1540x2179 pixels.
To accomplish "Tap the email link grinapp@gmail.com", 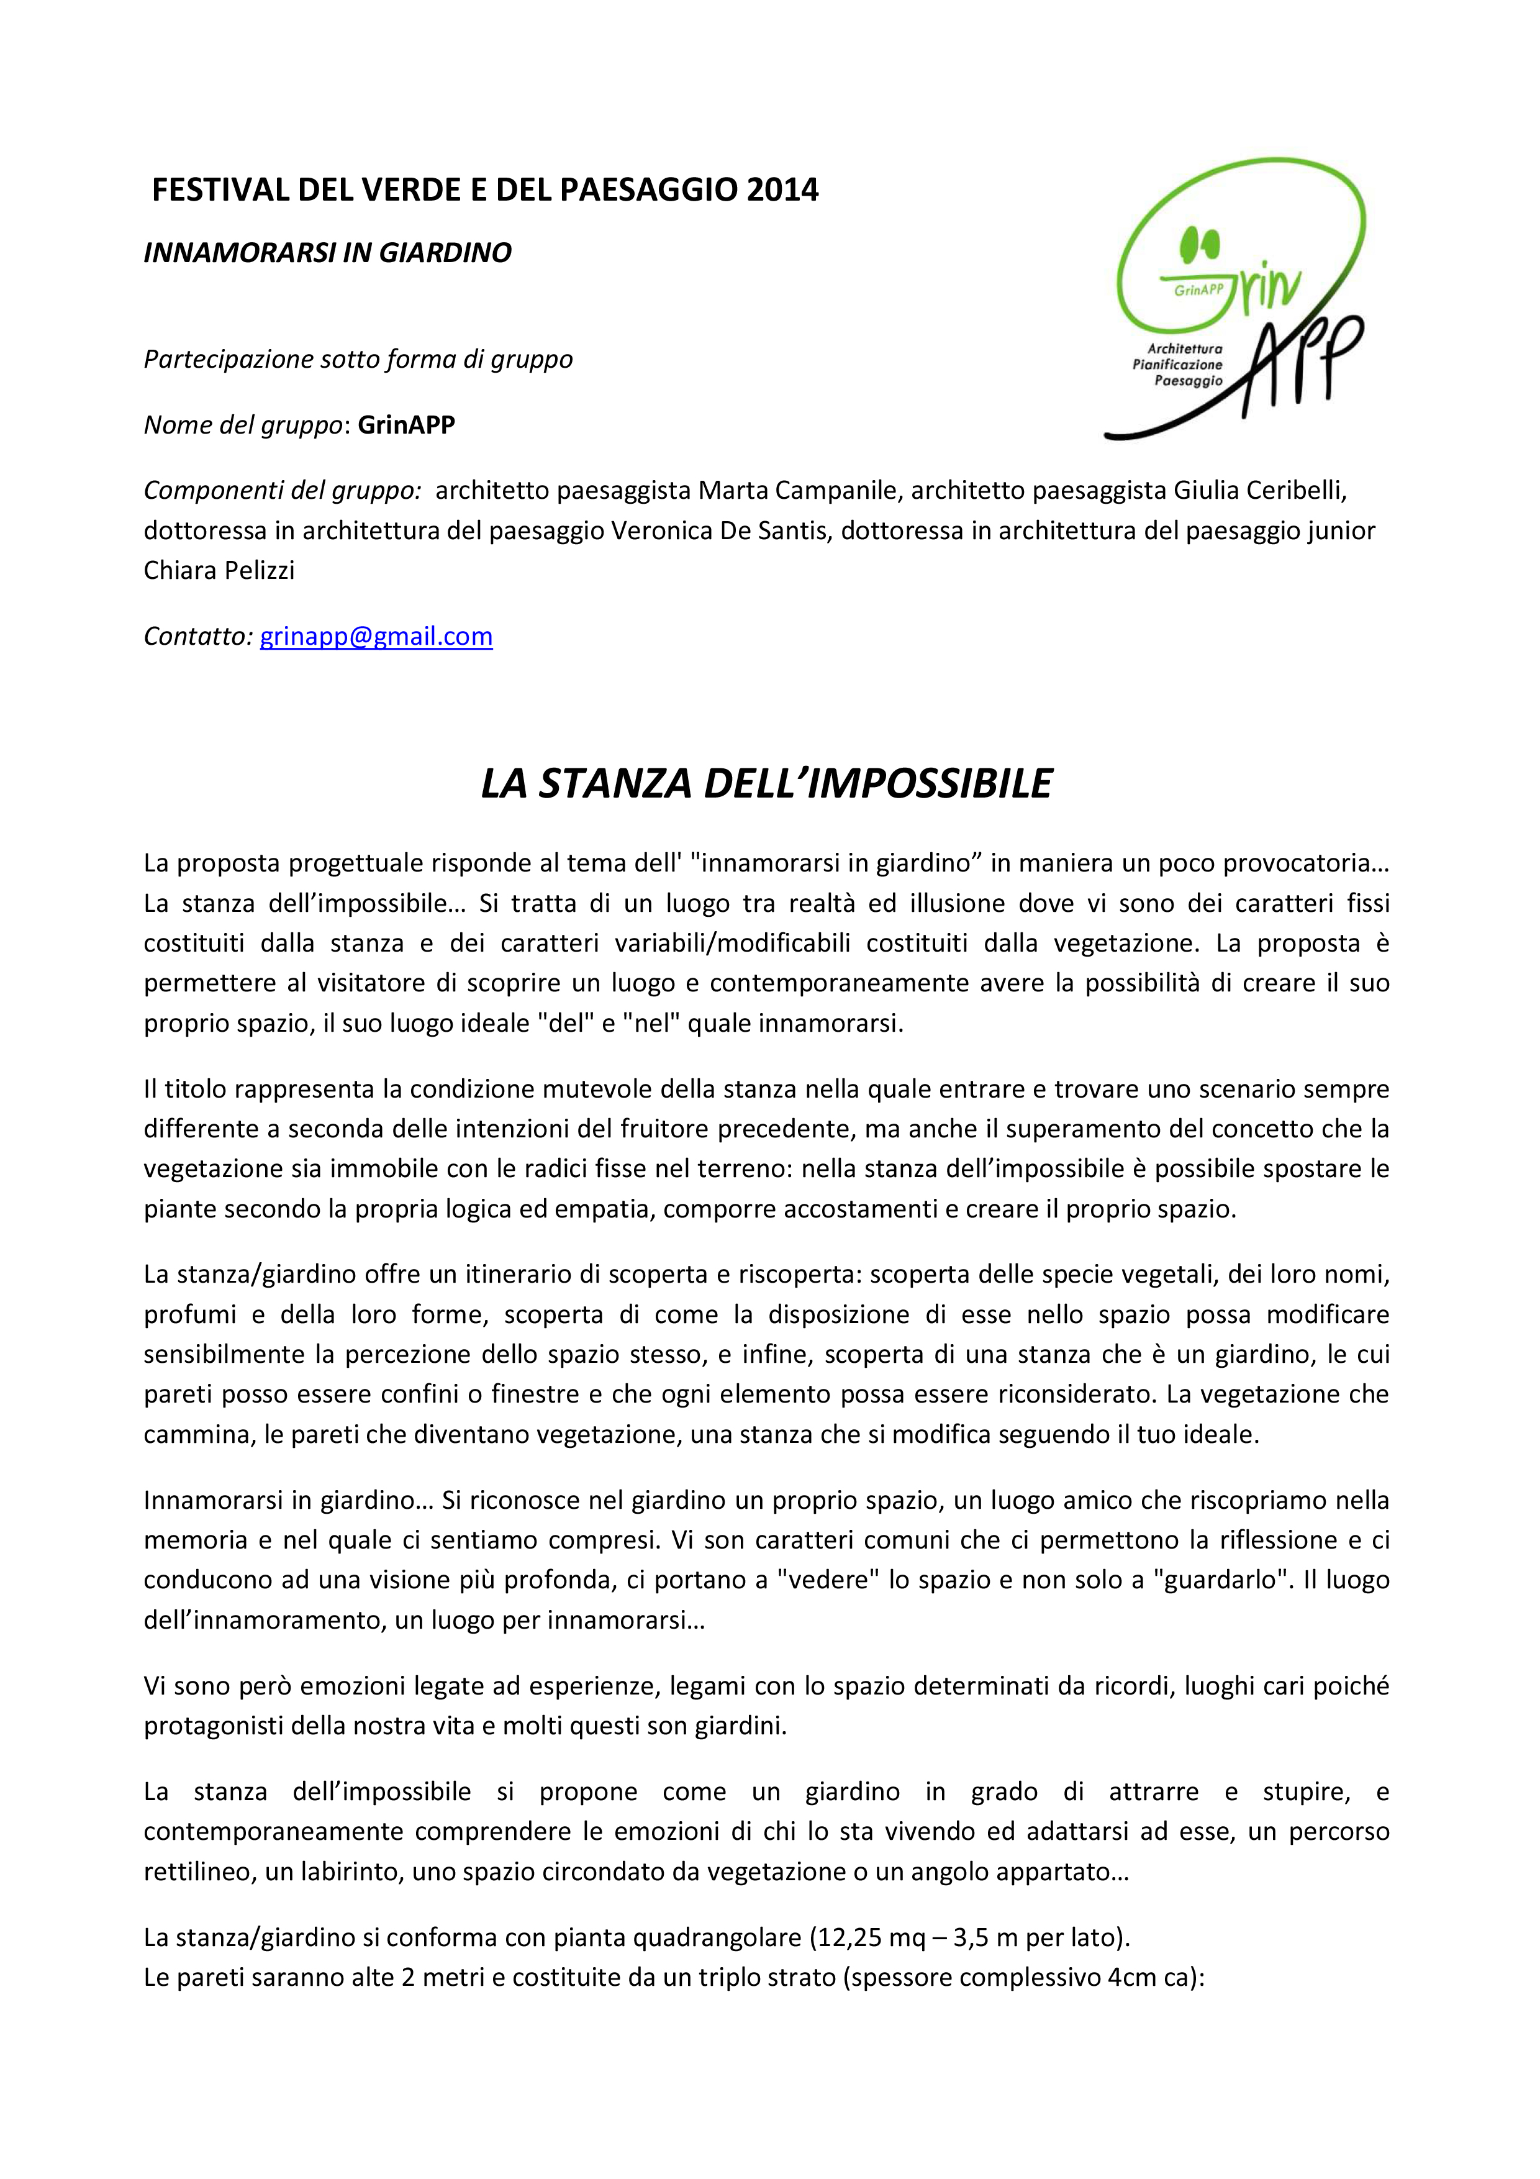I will pyautogui.click(x=376, y=636).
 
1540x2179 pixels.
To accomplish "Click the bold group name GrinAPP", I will pyautogui.click(x=406, y=424).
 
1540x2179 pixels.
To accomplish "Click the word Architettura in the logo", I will pyautogui.click(x=1184, y=348).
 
